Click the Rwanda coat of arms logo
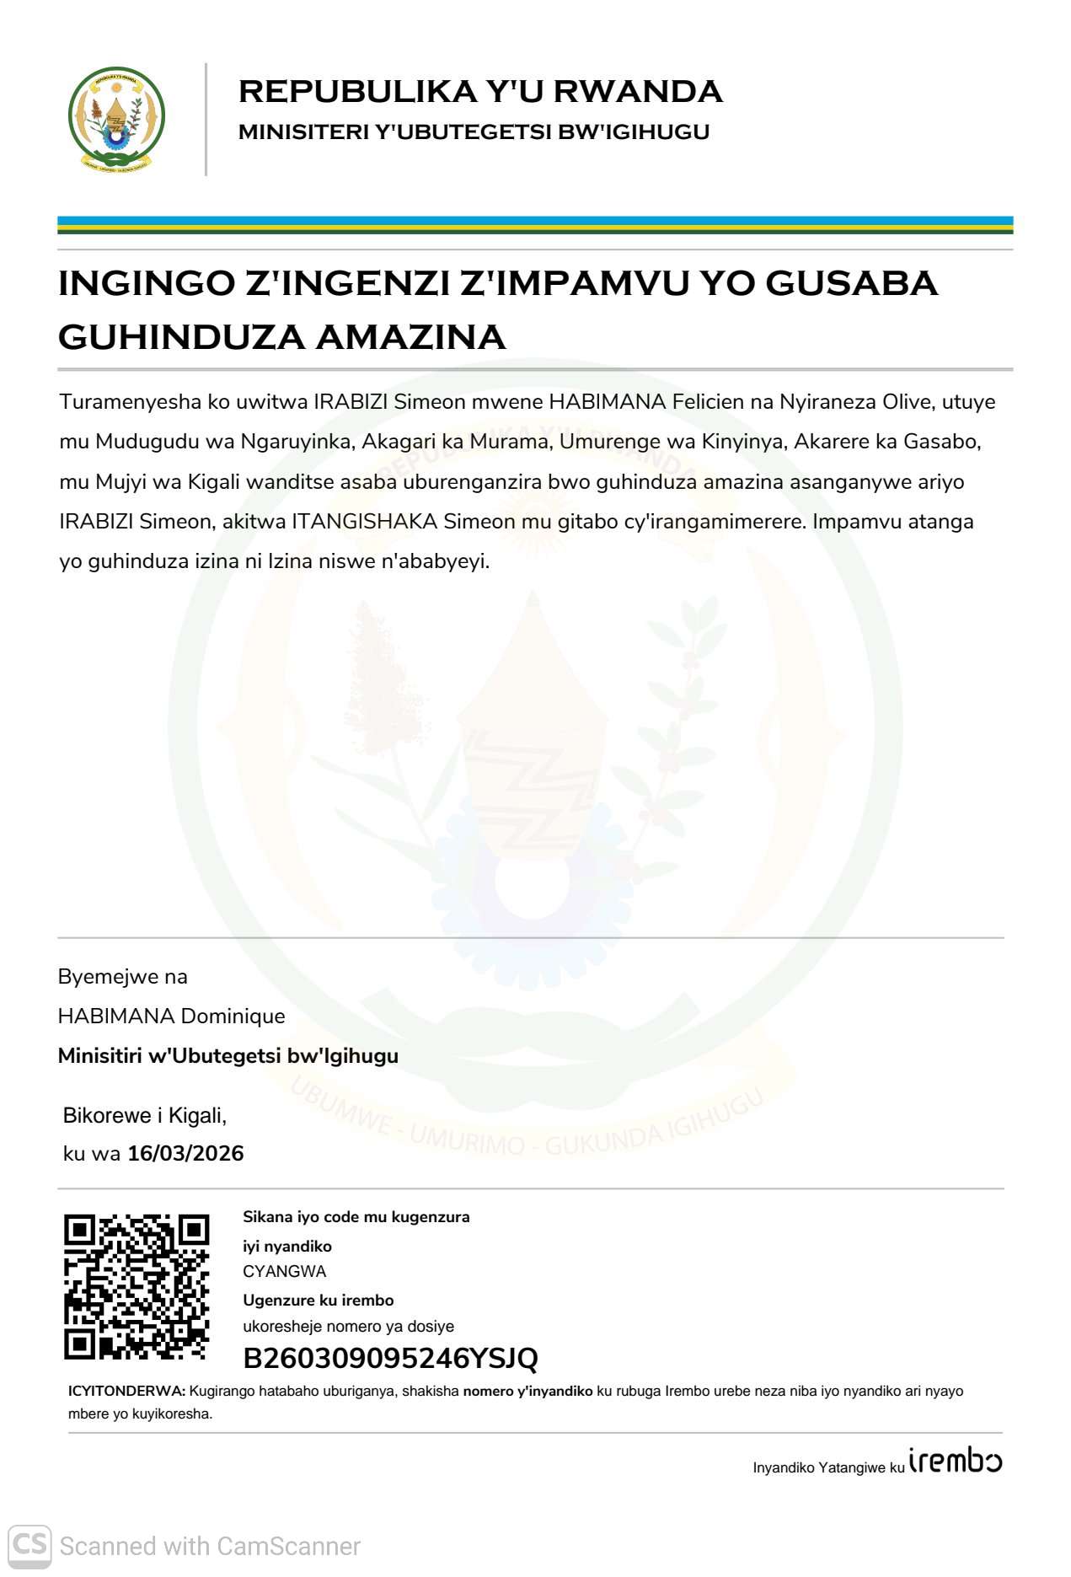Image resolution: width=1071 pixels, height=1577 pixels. pos(116,119)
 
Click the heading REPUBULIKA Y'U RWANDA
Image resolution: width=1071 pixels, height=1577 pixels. pos(480,91)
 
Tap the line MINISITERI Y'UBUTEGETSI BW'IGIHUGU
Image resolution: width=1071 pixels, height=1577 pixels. pos(474,132)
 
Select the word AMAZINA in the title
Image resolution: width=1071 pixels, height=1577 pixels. pos(410,337)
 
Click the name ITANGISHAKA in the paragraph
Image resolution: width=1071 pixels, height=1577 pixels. pos(364,522)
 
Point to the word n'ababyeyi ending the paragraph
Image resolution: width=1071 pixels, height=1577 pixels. pos(435,561)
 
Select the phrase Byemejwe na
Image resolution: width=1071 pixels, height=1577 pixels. pos(123,977)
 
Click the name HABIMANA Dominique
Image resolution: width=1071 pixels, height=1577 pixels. pos(171,1016)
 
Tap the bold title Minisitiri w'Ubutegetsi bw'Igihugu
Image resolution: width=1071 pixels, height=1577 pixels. pos(228,1056)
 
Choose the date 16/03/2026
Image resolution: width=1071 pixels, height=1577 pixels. pos(185,1154)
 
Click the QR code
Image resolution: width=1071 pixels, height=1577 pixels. pos(137,1286)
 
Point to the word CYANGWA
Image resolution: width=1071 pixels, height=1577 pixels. pos(284,1272)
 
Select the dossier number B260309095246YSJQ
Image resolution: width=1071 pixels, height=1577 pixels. pos(390,1358)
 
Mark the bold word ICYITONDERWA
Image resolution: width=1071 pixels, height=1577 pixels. pos(126,1392)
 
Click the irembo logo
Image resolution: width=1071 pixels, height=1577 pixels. pos(956,1461)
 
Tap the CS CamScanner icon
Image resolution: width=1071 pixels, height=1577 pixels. pos(29,1546)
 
